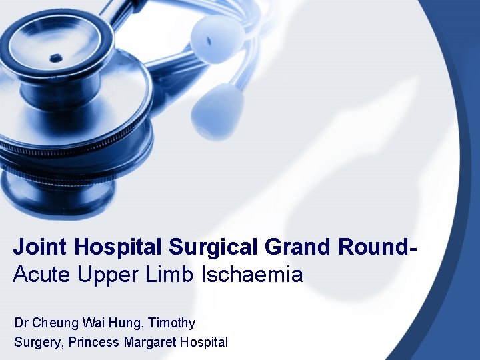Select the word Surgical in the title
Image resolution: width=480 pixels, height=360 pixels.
click(214, 247)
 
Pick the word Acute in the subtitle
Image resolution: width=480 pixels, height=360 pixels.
click(39, 275)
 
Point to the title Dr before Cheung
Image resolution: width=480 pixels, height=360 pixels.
click(21, 323)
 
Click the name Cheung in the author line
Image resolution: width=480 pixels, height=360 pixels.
click(55, 323)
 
